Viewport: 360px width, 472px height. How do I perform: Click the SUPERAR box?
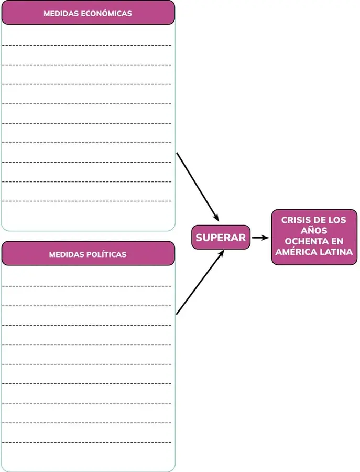pos(221,237)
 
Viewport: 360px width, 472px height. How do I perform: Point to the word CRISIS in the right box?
pos(296,220)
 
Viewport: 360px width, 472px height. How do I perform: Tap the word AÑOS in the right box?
pos(314,231)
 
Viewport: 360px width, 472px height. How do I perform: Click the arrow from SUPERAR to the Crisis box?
pos(260,238)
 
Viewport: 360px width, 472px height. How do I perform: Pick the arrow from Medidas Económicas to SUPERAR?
pos(198,187)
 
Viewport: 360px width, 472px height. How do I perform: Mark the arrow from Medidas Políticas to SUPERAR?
pos(200,282)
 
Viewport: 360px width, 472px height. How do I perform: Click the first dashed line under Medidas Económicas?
pos(86,45)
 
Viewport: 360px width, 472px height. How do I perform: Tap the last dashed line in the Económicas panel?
pos(86,201)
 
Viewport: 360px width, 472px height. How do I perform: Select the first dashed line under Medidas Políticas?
pos(86,286)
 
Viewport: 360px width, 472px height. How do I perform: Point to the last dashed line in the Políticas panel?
pos(86,442)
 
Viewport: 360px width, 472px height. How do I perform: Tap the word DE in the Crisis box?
pos(318,220)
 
